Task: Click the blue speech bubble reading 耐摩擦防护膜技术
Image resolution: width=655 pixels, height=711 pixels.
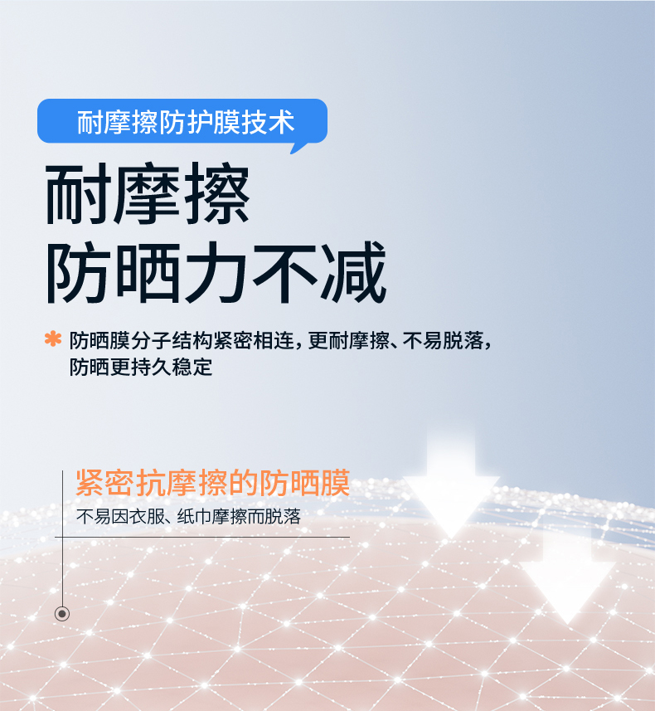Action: pos(182,121)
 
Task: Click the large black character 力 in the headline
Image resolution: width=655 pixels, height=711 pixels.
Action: pos(216,272)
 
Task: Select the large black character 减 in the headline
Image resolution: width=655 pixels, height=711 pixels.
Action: pos(353,272)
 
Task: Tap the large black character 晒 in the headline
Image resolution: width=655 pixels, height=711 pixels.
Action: pos(148,272)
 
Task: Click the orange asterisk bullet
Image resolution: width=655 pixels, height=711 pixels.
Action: pos(53,338)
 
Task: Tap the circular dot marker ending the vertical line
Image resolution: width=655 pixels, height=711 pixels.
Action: pos(62,614)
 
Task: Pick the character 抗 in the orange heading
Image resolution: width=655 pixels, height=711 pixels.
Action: pos(151,483)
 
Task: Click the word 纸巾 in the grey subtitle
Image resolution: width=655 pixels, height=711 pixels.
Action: pos(194,517)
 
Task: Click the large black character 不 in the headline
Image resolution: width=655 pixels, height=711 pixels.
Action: pos(284,272)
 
